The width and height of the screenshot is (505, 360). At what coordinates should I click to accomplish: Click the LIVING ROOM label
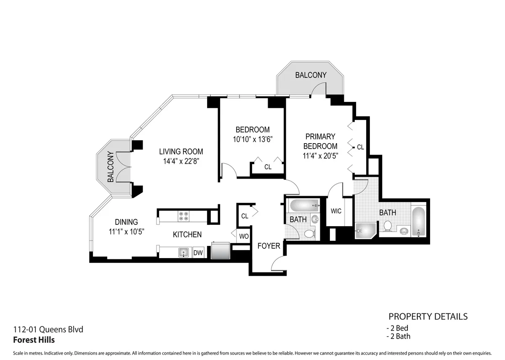click(181, 152)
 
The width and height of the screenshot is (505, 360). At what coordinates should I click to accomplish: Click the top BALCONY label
click(311, 75)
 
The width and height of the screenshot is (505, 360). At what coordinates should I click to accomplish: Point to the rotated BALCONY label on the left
click(110, 167)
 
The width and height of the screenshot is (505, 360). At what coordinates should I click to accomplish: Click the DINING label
click(126, 222)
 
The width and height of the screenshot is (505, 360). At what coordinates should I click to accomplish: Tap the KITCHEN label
click(187, 235)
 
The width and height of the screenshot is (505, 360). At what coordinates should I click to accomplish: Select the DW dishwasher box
click(198, 253)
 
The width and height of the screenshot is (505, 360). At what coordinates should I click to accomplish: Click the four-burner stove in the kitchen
click(184, 216)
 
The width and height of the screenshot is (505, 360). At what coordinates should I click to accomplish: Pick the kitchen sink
click(183, 253)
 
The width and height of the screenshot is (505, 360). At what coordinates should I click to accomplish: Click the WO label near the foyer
click(244, 236)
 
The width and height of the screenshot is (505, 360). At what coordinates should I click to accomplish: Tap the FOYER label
click(268, 245)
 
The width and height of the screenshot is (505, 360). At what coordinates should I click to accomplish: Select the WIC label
click(336, 211)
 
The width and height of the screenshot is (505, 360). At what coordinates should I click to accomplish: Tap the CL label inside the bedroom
click(268, 167)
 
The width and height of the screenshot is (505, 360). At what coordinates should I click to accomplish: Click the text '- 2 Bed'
click(397, 328)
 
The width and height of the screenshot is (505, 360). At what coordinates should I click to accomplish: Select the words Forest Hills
click(34, 340)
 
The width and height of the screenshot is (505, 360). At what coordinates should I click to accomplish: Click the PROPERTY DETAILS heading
click(428, 316)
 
